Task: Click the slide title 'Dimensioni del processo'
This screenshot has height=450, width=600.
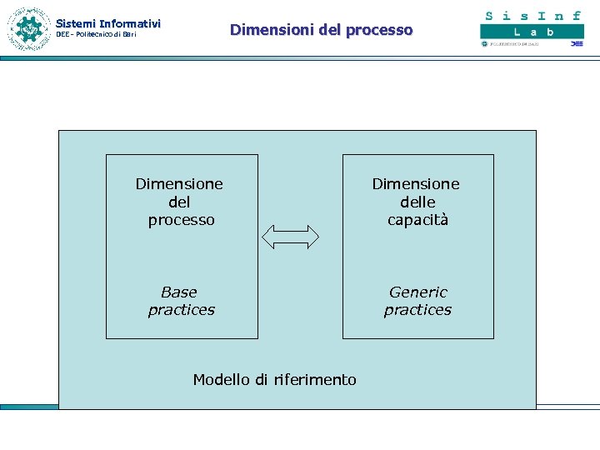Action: click(x=321, y=30)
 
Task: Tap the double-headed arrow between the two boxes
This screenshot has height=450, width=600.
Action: click(x=291, y=237)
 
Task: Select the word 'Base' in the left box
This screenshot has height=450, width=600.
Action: click(x=179, y=292)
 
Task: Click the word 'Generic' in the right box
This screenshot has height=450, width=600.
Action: click(x=417, y=292)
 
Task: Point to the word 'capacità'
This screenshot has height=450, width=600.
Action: click(x=417, y=220)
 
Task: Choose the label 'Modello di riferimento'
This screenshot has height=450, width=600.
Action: click(x=274, y=380)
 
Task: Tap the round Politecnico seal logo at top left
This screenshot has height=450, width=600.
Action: click(x=29, y=29)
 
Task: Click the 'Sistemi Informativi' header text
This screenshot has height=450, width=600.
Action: click(x=107, y=23)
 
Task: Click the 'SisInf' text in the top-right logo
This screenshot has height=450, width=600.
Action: click(x=532, y=16)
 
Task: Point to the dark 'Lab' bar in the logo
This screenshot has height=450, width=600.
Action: click(x=532, y=32)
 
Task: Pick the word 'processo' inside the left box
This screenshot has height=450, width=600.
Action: click(x=181, y=220)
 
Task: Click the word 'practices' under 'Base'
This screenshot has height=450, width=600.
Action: click(x=181, y=310)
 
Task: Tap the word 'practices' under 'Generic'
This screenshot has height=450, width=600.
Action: click(x=417, y=310)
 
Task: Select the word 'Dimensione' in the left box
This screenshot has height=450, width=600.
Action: click(x=179, y=184)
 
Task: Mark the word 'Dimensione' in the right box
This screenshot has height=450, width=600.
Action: click(x=416, y=184)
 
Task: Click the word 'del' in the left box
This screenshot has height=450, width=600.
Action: click(x=179, y=202)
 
